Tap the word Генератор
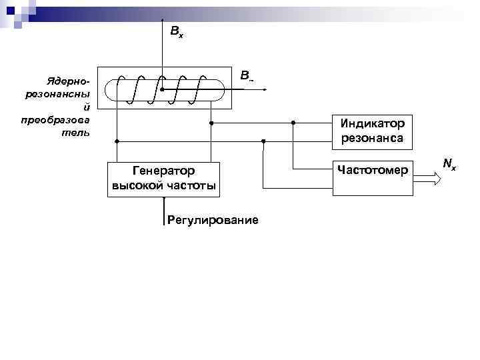click(x=163, y=172)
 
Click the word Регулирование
click(x=213, y=219)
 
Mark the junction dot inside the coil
click(x=162, y=89)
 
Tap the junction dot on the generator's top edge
click(x=163, y=162)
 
